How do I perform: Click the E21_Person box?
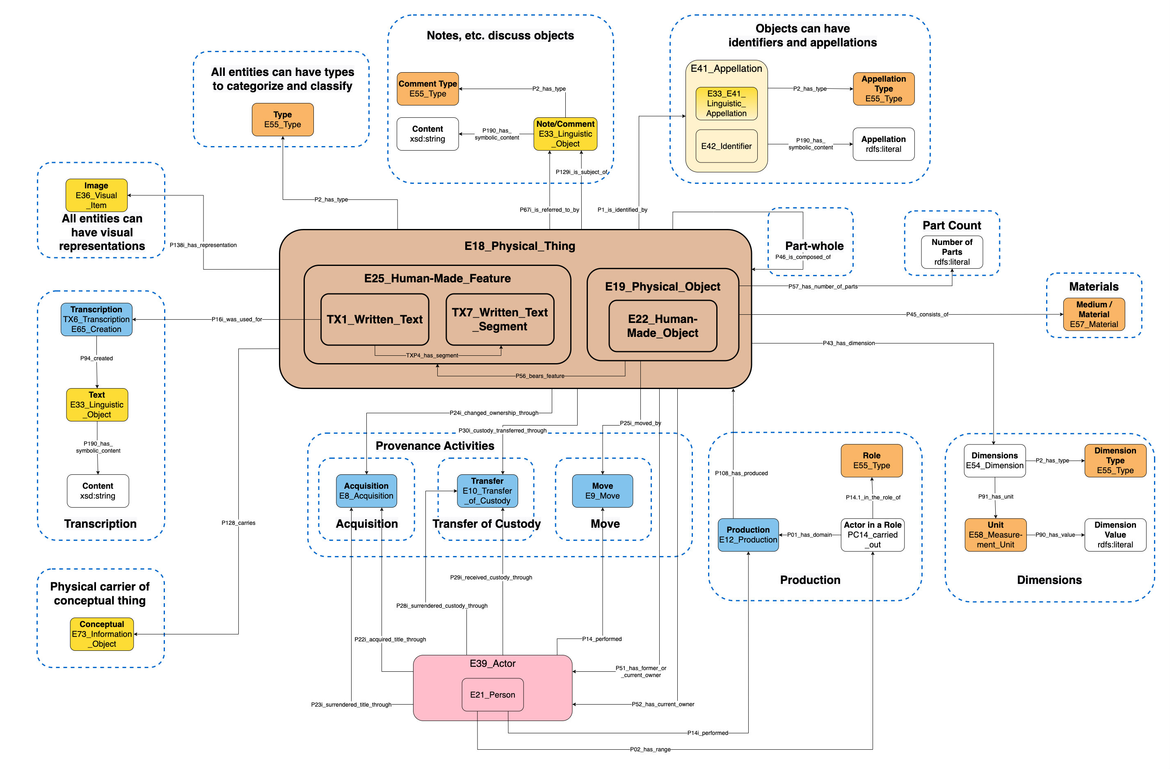[x=492, y=694]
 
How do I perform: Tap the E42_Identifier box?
[x=726, y=146]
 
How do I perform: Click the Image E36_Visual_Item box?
[x=96, y=195]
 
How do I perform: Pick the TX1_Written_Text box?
[x=375, y=320]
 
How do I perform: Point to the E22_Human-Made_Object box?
[x=662, y=326]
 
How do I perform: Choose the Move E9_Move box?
[x=602, y=491]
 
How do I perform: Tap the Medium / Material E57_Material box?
[x=1093, y=314]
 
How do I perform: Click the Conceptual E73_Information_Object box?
[x=102, y=634]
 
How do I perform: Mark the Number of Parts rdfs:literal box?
[x=952, y=252]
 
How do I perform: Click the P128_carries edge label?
[x=238, y=523]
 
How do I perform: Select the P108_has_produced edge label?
[x=741, y=473]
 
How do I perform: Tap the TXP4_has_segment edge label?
[x=432, y=355]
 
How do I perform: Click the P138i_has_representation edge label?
[x=203, y=245]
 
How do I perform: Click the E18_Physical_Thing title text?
[x=520, y=246]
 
